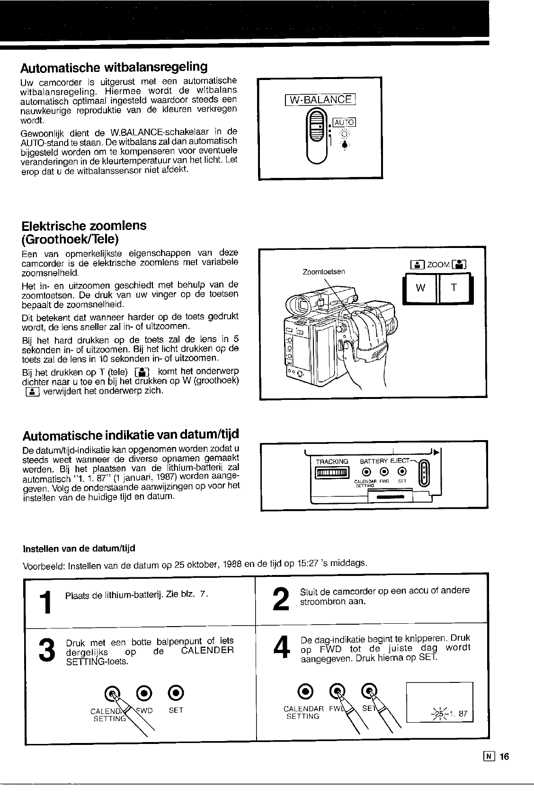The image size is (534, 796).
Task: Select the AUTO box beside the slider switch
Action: (x=345, y=122)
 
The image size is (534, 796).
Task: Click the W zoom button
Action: (x=420, y=288)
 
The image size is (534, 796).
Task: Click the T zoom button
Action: (x=453, y=288)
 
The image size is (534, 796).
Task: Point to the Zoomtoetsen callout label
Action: (x=324, y=272)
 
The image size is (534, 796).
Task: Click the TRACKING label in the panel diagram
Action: (x=332, y=461)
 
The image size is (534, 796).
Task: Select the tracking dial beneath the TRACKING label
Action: (x=332, y=472)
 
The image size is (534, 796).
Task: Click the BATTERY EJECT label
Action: (x=384, y=461)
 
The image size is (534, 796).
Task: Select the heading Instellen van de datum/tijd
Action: (x=79, y=548)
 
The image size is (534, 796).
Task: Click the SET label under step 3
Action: (x=175, y=710)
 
